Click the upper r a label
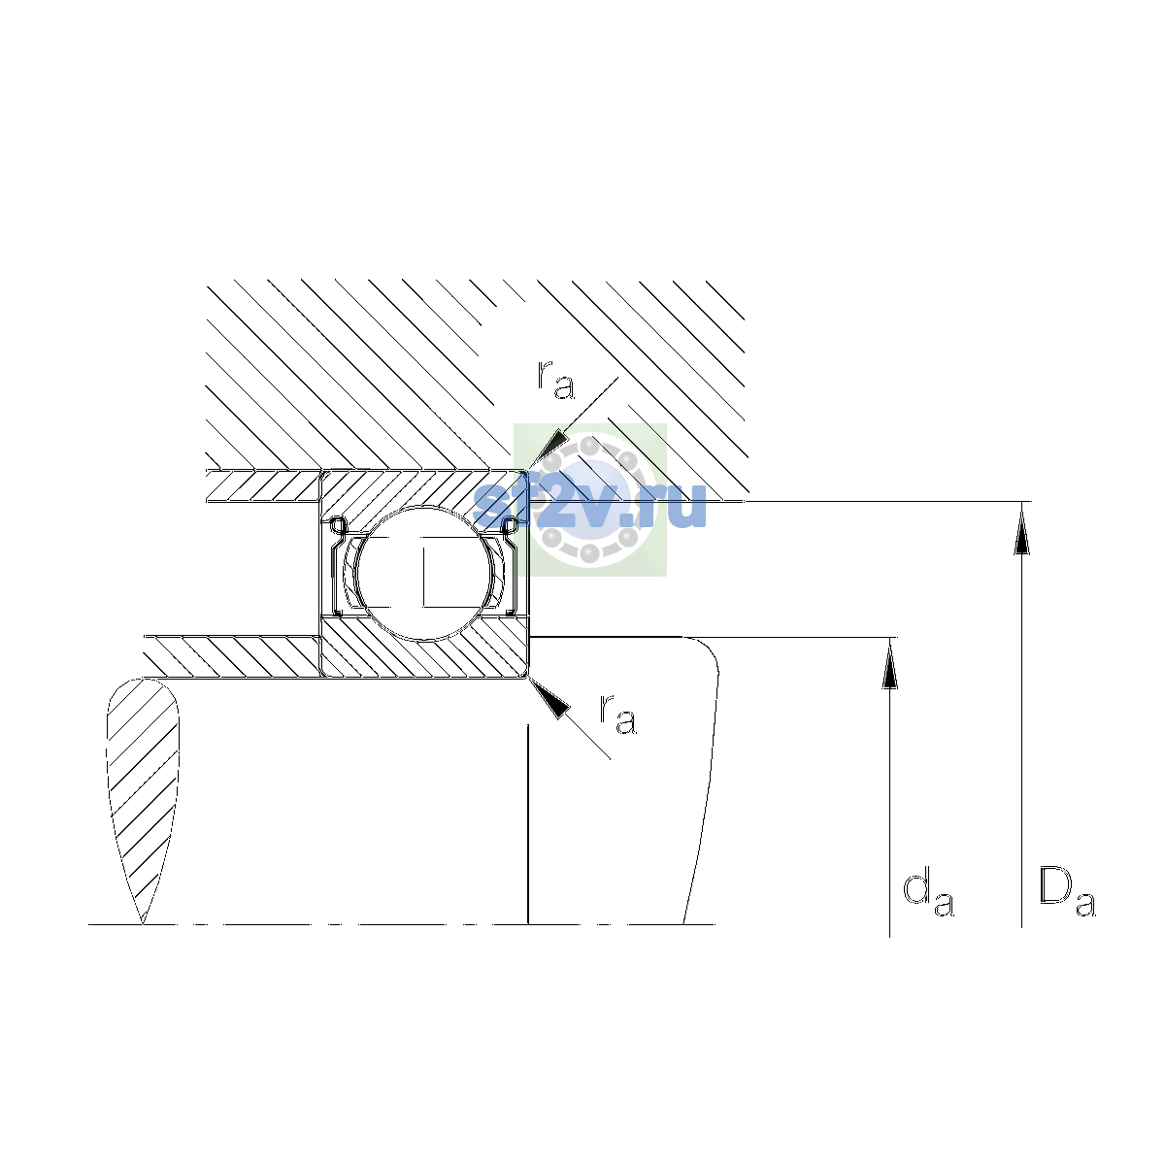(x=555, y=381)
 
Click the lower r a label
(x=617, y=715)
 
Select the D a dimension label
(x=1067, y=891)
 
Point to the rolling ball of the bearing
(x=424, y=573)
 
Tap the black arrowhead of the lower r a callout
(x=550, y=698)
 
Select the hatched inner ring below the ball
(x=424, y=647)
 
